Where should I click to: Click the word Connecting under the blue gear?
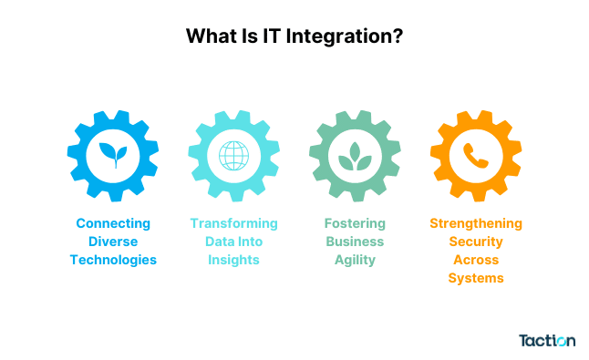[113, 223]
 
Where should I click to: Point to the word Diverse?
[113, 242]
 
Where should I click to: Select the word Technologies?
[113, 260]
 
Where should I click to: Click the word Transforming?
[233, 223]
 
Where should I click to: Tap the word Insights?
[233, 260]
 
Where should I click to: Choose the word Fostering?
[354, 223]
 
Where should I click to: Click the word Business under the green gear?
[354, 242]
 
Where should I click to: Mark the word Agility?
[354, 260]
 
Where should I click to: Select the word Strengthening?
[475, 223]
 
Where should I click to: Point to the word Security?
[475, 242]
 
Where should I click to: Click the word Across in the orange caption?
[475, 260]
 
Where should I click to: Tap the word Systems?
[475, 278]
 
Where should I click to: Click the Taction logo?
[546, 340]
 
